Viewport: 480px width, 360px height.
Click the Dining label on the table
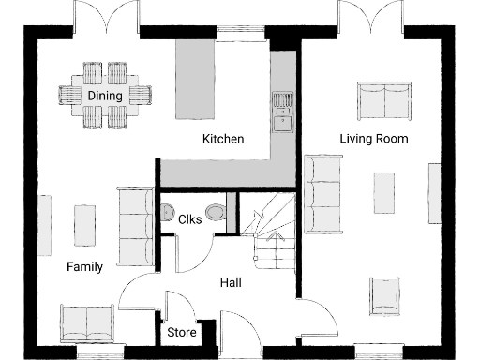105,96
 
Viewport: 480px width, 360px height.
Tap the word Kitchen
223,139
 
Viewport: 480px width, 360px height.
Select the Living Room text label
374,139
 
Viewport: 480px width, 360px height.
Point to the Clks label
190,219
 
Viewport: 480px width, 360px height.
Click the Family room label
84,267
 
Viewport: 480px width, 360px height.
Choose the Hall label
232,282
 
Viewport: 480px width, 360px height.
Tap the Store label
182,333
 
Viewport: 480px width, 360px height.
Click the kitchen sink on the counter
280,112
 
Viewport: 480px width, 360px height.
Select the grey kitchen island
196,79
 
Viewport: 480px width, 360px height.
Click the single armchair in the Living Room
385,296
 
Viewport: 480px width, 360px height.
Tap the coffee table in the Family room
84,225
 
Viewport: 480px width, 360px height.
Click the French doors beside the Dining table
105,19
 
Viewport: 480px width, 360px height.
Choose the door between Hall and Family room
138,291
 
